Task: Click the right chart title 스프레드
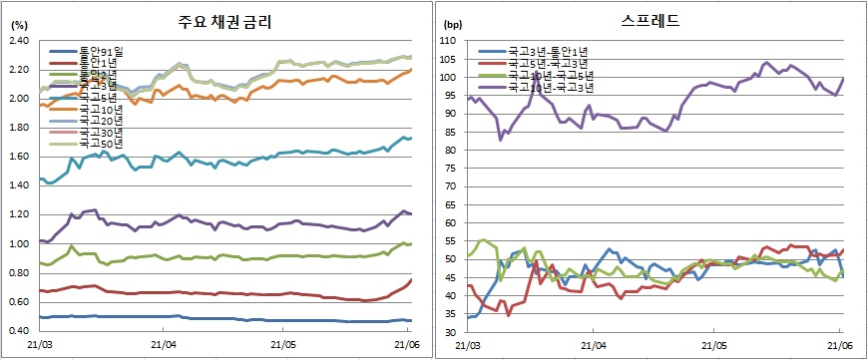pyautogui.click(x=651, y=20)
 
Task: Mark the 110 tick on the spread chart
pyautogui.click(x=447, y=41)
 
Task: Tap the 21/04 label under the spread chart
pyautogui.click(x=591, y=345)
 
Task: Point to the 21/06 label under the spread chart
pyautogui.click(x=838, y=345)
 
